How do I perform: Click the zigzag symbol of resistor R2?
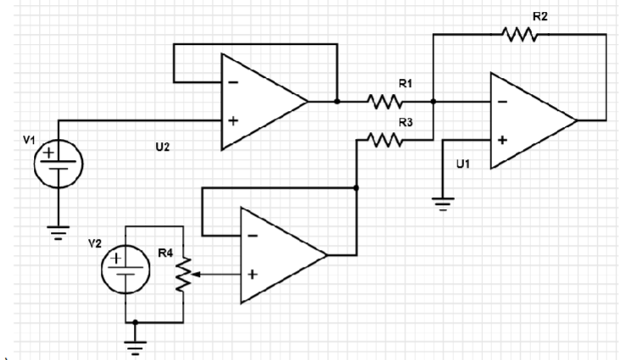(x=519, y=34)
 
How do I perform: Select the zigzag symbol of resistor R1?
(x=385, y=102)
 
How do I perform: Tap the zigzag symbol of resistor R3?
(x=385, y=140)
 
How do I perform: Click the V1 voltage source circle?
(x=58, y=161)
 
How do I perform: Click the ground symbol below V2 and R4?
(x=136, y=344)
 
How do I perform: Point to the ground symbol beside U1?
(x=442, y=203)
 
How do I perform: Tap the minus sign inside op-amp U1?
(x=503, y=102)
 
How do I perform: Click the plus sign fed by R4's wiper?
(x=252, y=274)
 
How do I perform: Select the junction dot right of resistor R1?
(x=434, y=102)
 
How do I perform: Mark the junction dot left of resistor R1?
(x=337, y=102)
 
